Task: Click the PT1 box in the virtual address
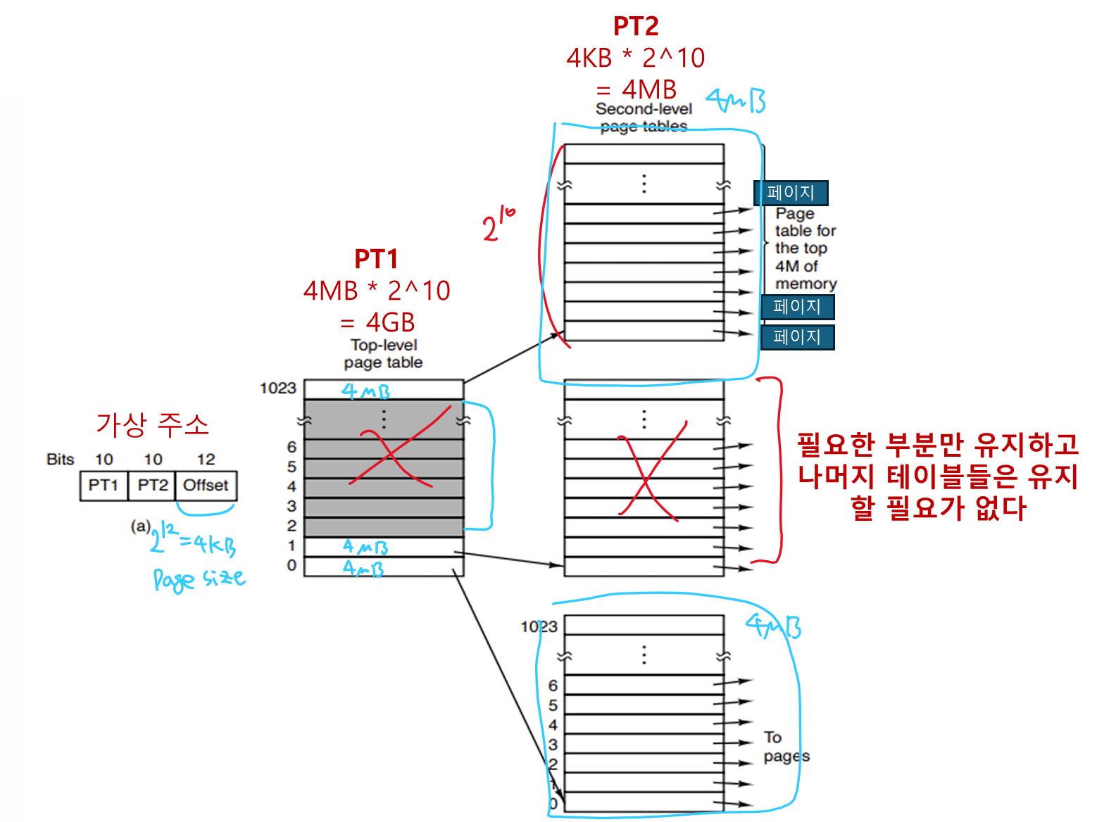[x=104, y=486]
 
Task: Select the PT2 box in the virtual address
[x=152, y=486]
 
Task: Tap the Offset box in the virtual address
[x=206, y=486]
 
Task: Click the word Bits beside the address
[x=61, y=460]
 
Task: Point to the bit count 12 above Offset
[x=206, y=460]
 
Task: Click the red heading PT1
[x=376, y=259]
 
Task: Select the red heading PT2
[x=636, y=27]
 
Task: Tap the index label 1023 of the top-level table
[x=278, y=388]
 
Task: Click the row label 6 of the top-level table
[x=292, y=447]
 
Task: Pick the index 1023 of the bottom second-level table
[x=539, y=626]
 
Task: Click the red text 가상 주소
[x=153, y=424]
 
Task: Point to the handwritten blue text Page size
[x=199, y=578]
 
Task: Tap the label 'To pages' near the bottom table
[x=786, y=747]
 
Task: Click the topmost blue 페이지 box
[x=791, y=193]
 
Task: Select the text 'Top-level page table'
[x=384, y=354]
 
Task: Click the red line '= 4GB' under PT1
[x=377, y=322]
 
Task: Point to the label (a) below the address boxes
[x=140, y=526]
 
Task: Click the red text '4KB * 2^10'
[x=636, y=58]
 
